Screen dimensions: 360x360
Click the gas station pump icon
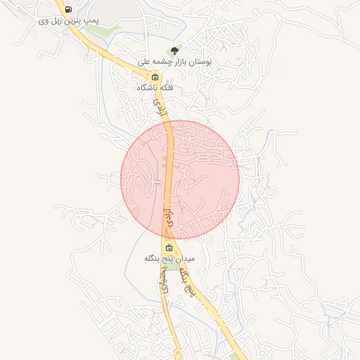(x=68, y=9)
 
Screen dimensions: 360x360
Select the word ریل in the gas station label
(x=58, y=21)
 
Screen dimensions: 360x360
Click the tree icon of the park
(x=174, y=50)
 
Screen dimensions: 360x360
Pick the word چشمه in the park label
(x=172, y=62)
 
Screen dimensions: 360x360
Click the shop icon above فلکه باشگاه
(x=155, y=77)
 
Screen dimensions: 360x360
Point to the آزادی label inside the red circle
(x=169, y=215)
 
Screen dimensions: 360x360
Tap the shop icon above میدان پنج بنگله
(x=169, y=247)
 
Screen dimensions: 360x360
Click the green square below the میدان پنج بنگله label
(x=172, y=267)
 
